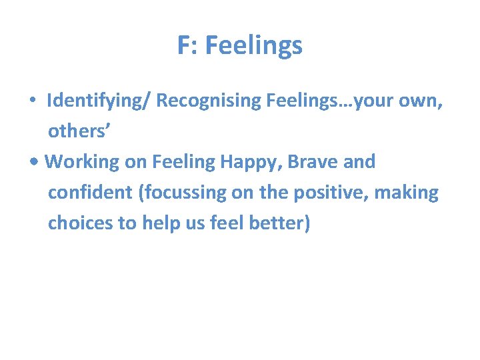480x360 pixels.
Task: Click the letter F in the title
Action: (184, 46)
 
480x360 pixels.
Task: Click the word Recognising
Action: (208, 101)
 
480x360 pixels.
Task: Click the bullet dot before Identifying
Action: (32, 101)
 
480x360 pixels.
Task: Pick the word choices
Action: (81, 223)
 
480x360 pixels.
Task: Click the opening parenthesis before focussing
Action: (141, 193)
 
